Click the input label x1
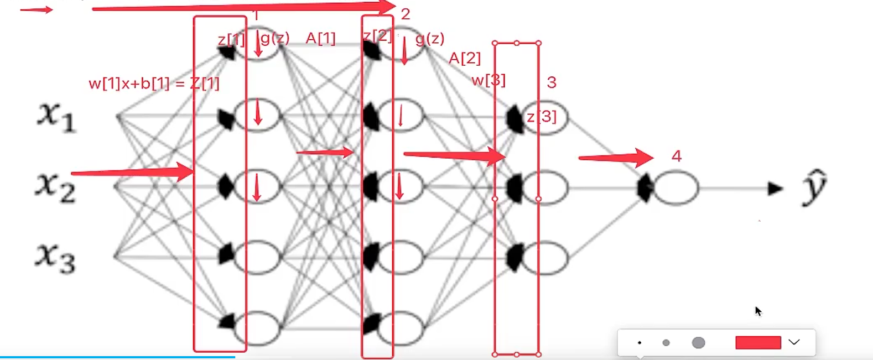[56, 117]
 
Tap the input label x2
[55, 186]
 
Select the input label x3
[55, 257]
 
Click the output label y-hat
[814, 187]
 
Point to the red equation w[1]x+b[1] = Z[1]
[154, 84]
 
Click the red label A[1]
[321, 39]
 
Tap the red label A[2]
[465, 58]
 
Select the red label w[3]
[489, 81]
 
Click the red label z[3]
[542, 117]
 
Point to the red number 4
[676, 156]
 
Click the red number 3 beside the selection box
[551, 82]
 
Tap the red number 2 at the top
[406, 14]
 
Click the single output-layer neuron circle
[676, 189]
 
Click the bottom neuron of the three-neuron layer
[545, 258]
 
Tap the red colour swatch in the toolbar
[758, 343]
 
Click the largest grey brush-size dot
[699, 343]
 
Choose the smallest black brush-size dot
[640, 343]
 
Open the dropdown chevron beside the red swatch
[794, 342]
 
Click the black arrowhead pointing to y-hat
[776, 189]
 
